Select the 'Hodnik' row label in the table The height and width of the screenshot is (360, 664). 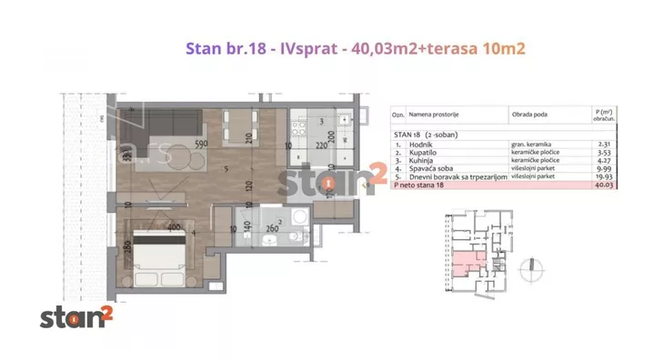tap(422, 144)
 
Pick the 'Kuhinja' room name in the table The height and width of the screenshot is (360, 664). tap(422, 160)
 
